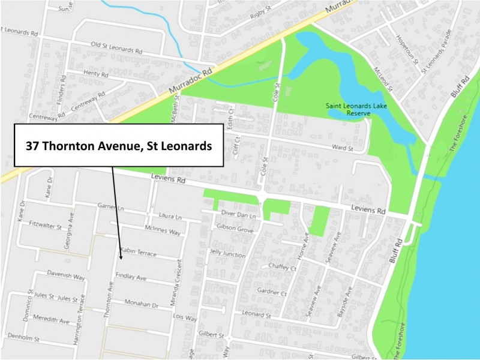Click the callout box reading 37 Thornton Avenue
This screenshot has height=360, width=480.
click(118, 145)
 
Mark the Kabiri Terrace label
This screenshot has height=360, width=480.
click(138, 252)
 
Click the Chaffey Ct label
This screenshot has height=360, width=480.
click(283, 268)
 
